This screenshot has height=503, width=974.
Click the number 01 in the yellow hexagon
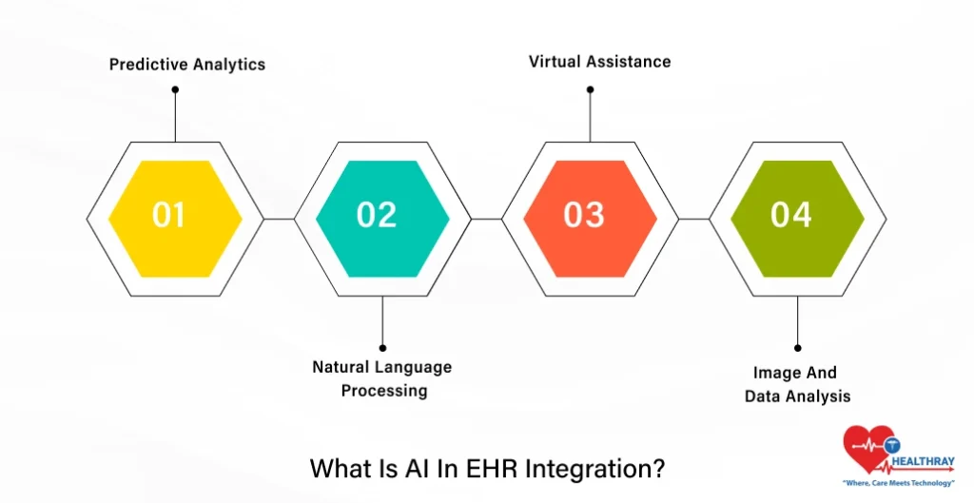(169, 215)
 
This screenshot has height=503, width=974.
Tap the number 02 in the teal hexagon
(377, 215)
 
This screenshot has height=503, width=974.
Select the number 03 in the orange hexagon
(584, 215)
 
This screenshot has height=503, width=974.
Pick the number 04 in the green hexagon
(791, 215)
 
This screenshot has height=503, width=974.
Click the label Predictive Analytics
(187, 65)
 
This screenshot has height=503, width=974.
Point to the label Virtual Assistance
(599, 61)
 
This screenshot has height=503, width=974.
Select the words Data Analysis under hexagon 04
(797, 396)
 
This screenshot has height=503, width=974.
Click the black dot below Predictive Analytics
(175, 89)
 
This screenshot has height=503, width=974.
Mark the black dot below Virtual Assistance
(590, 89)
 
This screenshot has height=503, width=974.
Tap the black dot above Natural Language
(382, 347)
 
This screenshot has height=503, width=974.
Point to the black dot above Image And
(797, 348)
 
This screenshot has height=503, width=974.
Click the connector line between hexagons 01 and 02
(279, 219)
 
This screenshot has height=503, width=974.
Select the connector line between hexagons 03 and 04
(693, 219)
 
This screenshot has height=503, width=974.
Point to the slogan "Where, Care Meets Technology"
(899, 484)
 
